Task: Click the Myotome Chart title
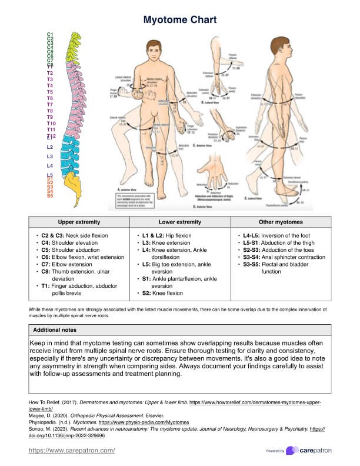coord(180,20)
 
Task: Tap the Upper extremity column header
coord(79,222)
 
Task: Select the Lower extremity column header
coord(180,222)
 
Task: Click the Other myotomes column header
coord(281,222)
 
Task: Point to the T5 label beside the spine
coord(50,92)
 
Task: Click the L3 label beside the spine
coord(50,156)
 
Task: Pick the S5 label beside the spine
coord(50,196)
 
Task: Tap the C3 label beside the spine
coord(50,43)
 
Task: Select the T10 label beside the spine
coord(51,124)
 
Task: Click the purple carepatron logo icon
coord(292,451)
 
